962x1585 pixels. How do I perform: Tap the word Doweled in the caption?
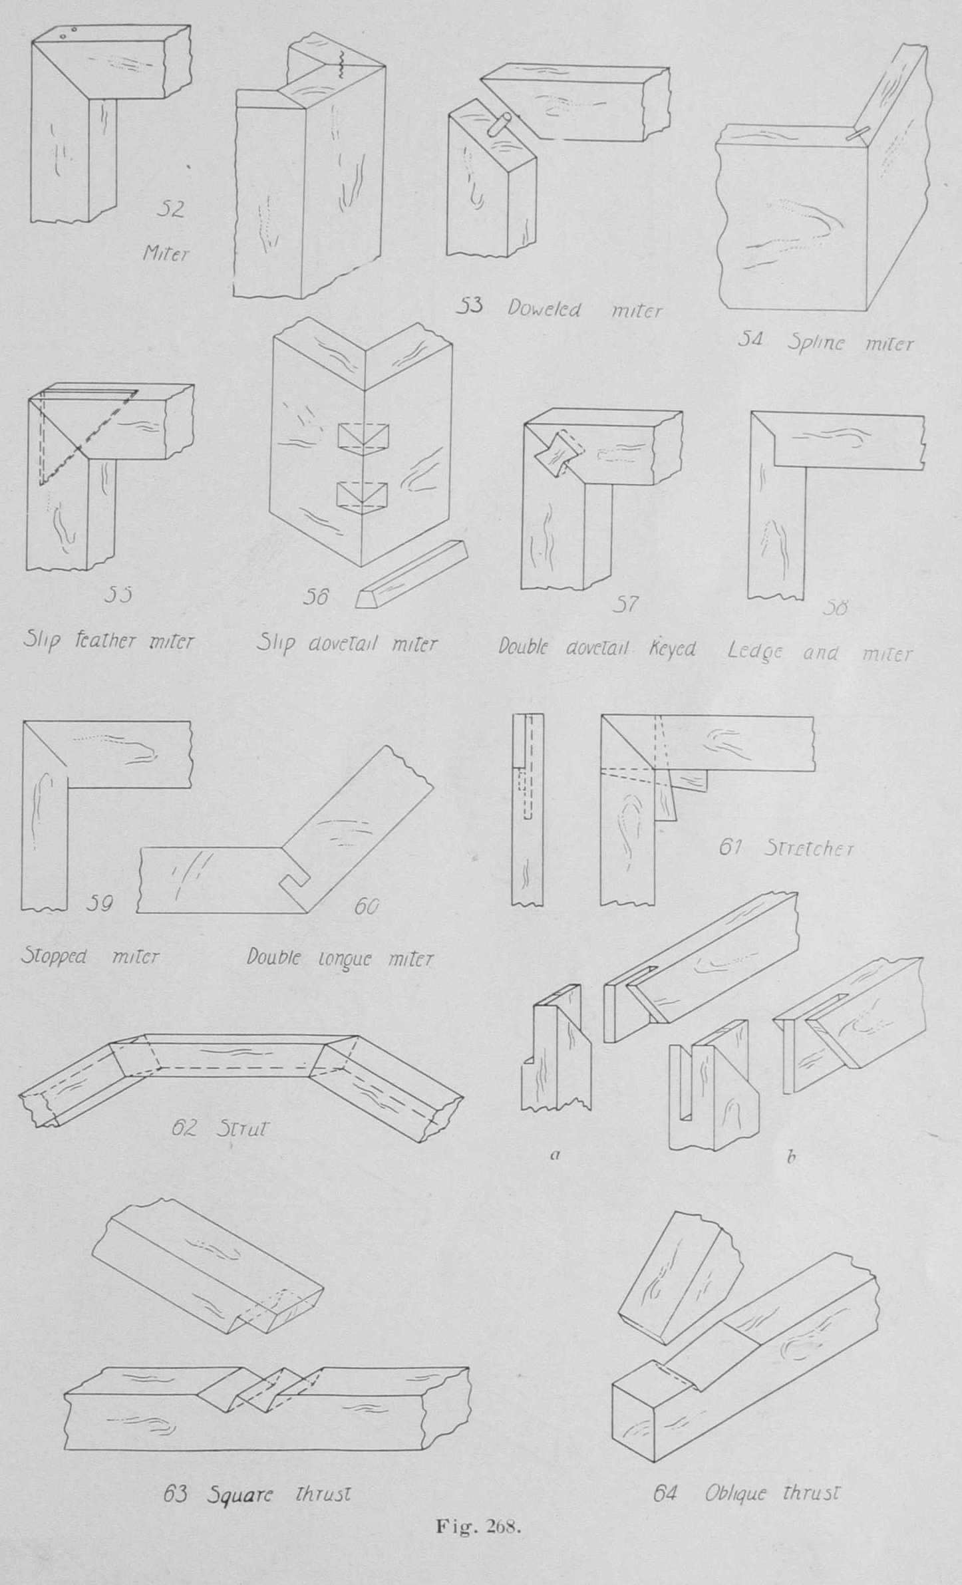tap(544, 309)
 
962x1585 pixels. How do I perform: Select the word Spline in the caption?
tap(816, 343)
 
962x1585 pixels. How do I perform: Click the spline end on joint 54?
tap(858, 135)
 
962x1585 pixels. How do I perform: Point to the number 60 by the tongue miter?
tap(365, 906)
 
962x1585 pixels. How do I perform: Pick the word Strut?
tap(241, 1129)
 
